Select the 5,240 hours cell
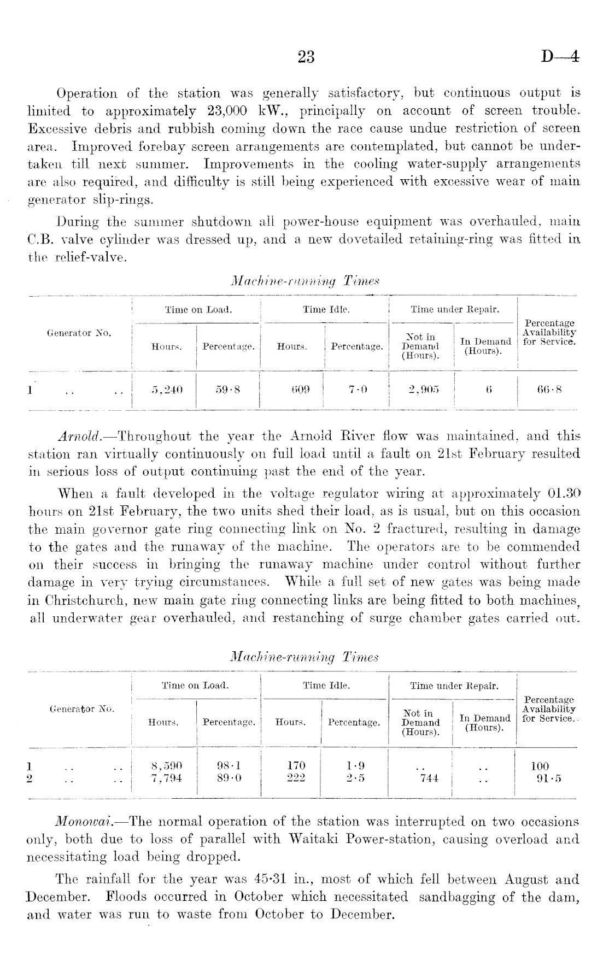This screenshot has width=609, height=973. coord(167,390)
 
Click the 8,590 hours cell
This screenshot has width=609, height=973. coord(166,766)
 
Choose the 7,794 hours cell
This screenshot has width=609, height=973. coord(166,778)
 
